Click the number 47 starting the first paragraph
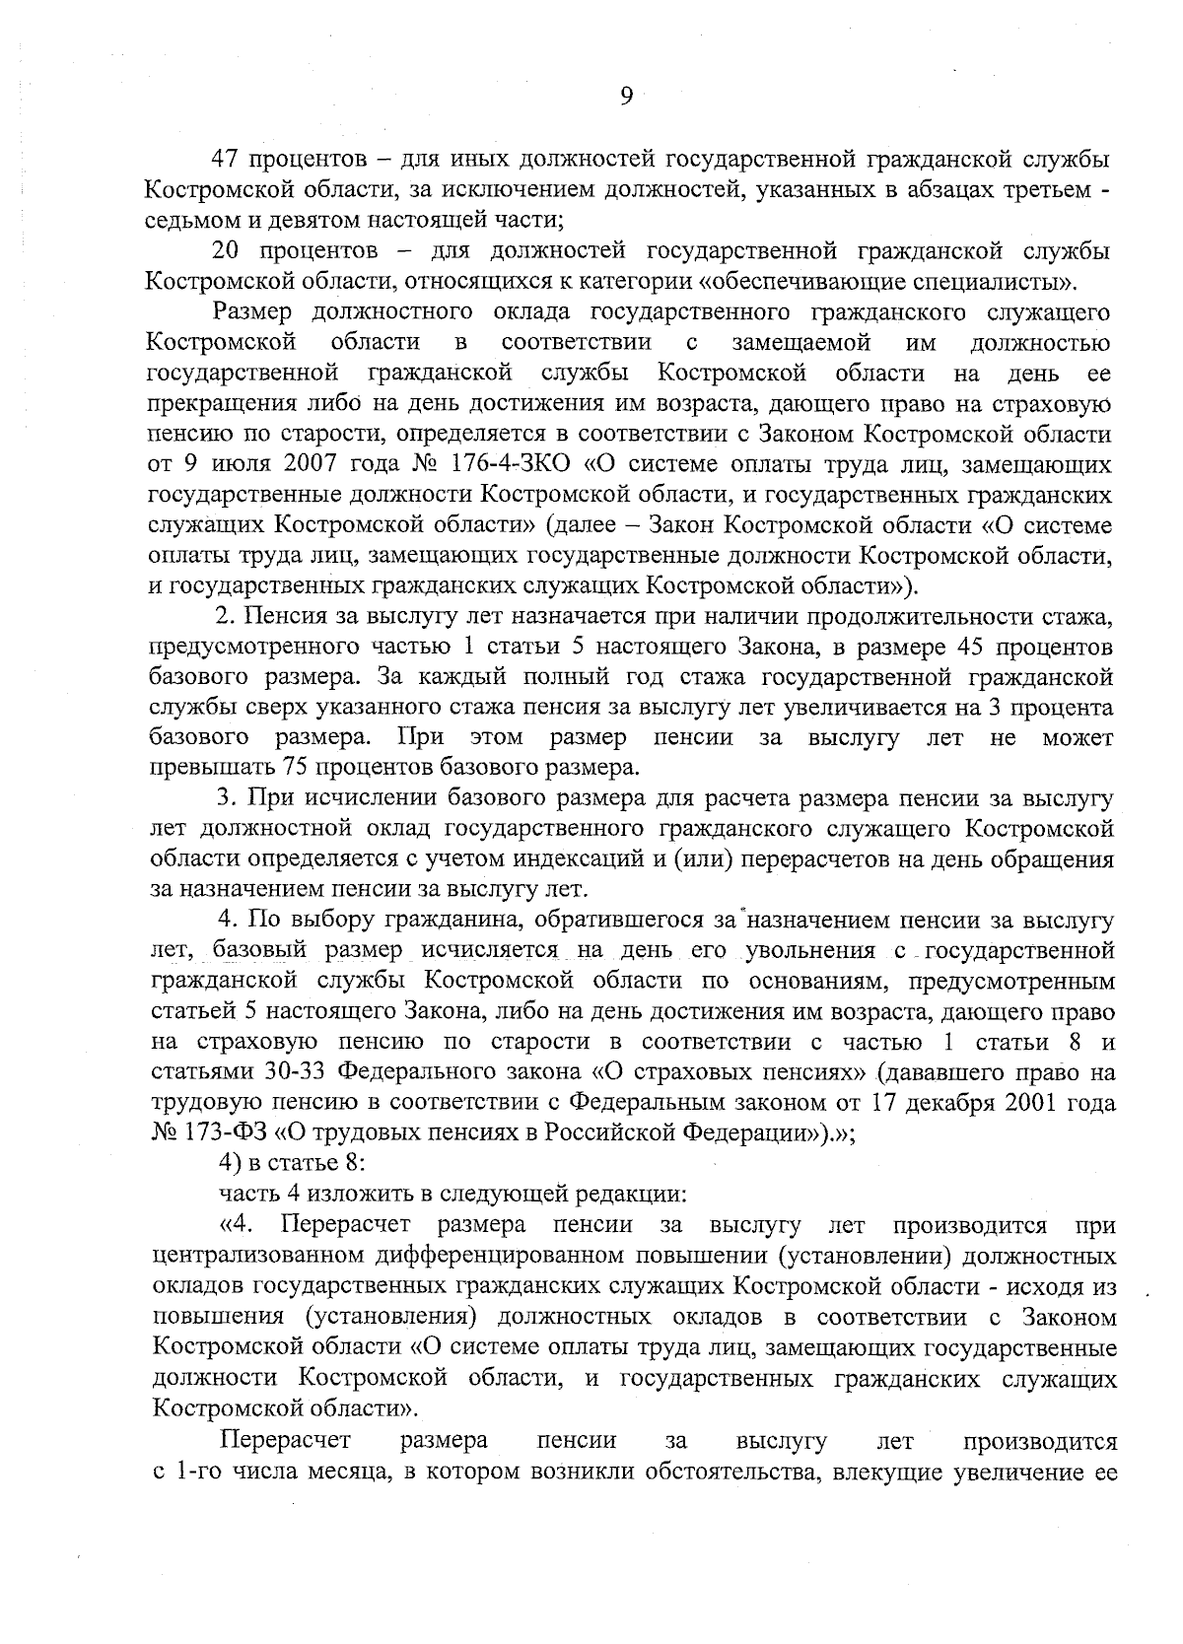click(x=229, y=160)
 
